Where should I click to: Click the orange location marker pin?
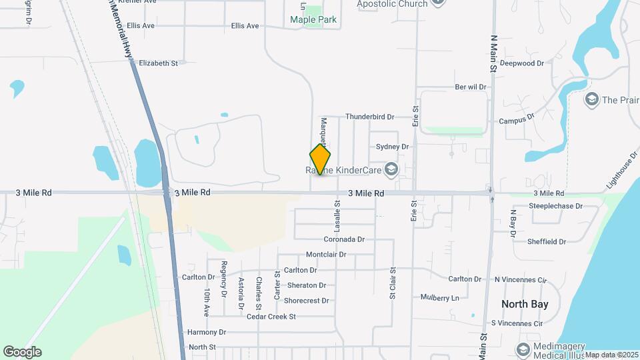point(320,160)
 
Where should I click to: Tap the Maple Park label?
point(313,19)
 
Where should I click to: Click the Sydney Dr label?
point(392,147)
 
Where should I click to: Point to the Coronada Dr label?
point(344,239)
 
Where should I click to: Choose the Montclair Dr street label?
point(326,255)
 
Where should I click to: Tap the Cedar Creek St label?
point(271,317)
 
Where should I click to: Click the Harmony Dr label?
point(207,332)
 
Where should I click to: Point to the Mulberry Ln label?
point(440,297)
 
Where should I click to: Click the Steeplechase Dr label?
point(555,207)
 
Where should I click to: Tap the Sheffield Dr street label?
point(547,242)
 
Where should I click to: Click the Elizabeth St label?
point(158,64)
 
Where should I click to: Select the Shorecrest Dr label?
point(307,301)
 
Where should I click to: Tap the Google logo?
point(22,352)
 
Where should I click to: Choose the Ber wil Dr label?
point(471,87)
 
